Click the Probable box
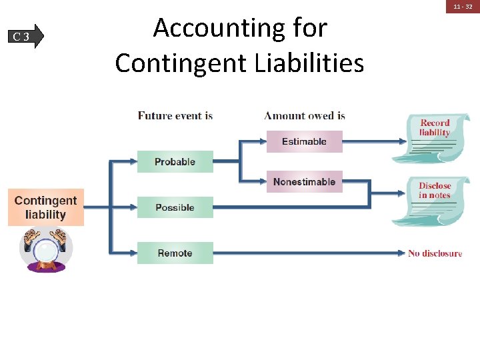tap(175, 162)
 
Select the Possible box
tap(175, 207)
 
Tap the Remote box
tap(175, 253)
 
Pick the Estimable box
tap(304, 141)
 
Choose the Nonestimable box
tap(304, 182)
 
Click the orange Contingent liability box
tap(46, 207)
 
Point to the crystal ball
tap(45, 253)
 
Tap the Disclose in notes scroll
tap(434, 200)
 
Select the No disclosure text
tap(435, 253)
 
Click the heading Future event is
tap(175, 115)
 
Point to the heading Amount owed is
tap(305, 115)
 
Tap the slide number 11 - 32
tap(463, 6)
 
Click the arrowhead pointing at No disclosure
tap(401, 253)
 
